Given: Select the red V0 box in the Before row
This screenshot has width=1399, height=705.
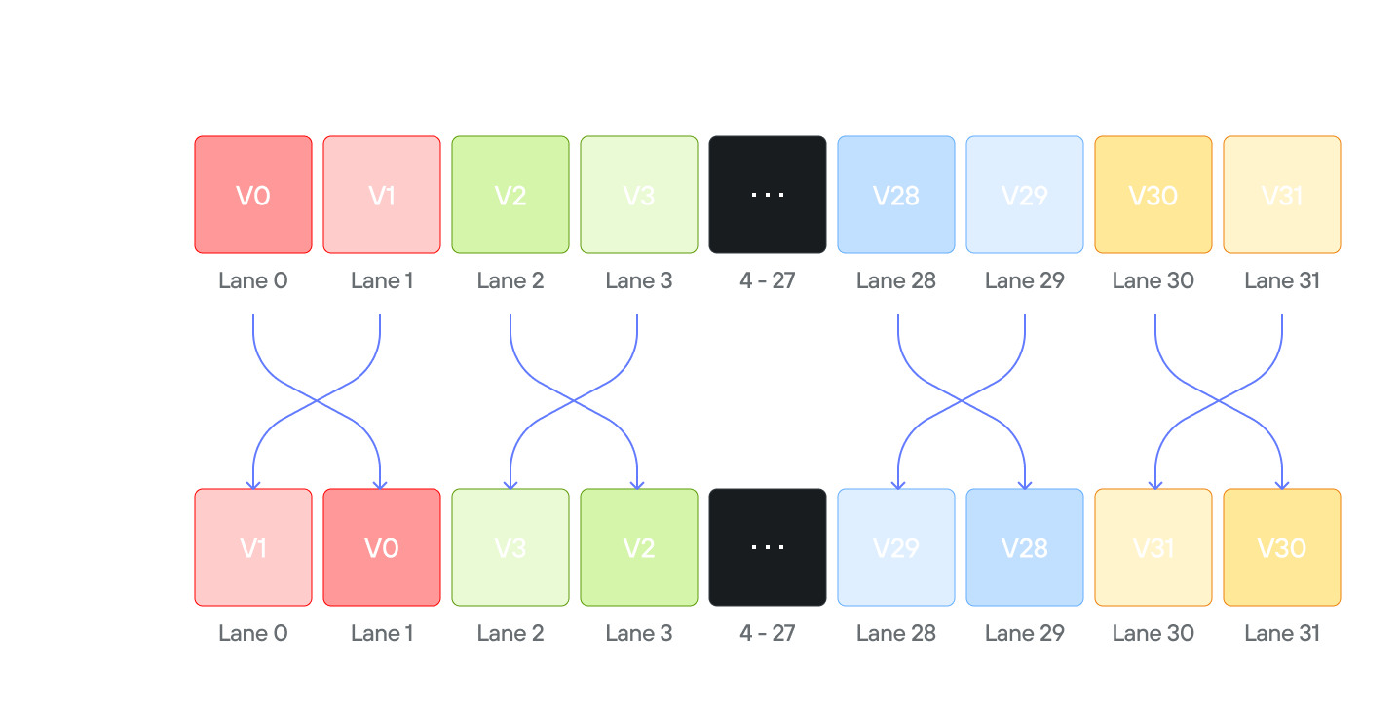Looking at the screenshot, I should point(253,195).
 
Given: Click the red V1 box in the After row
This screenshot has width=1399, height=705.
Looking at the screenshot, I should point(253,547).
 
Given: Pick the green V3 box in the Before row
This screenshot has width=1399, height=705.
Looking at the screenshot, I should point(639,195).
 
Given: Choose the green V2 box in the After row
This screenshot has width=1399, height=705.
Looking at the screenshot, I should point(639,547).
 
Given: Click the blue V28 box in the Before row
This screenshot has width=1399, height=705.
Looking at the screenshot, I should point(896,195).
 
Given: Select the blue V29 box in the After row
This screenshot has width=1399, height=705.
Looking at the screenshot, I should point(896,547).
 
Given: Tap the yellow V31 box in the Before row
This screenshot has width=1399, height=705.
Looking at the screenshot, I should point(1282,195).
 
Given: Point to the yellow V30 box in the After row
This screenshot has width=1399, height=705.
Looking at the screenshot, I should point(1282,547).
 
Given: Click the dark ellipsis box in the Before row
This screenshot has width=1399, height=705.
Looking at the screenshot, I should point(768,195).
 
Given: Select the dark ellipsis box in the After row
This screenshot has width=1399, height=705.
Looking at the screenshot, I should point(768,547).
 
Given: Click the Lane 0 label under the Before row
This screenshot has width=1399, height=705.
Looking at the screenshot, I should point(253,281).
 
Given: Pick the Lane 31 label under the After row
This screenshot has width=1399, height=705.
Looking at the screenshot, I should point(1282,634).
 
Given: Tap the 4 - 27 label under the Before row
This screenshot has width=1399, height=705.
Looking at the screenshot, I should point(768,281).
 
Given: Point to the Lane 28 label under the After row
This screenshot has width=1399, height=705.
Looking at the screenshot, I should point(896,634).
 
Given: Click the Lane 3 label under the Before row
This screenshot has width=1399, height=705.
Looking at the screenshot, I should point(639,281).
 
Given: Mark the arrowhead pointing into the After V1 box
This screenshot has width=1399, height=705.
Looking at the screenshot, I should point(253,483).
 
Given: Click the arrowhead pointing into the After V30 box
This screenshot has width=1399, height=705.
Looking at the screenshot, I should point(1282,483).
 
